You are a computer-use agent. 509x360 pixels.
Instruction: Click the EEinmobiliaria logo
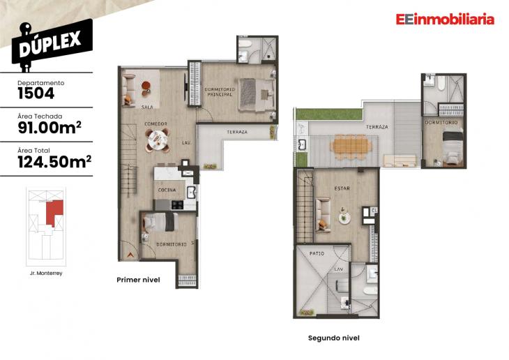coord(445,20)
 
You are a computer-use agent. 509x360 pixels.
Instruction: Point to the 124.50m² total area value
coord(54,162)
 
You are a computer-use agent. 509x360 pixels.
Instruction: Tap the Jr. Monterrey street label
coord(46,273)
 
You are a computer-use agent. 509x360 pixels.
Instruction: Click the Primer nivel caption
coord(139,280)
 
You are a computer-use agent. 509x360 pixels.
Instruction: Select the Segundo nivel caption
coord(333,338)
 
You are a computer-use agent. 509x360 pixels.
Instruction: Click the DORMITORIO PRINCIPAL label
coord(219,91)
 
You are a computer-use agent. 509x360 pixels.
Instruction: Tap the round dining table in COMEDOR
coord(157,142)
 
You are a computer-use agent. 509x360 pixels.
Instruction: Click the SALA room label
coord(147,107)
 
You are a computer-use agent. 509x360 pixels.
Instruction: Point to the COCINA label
coord(167,190)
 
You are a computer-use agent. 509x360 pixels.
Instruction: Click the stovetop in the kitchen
coord(177,204)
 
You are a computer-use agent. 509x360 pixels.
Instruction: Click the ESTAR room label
coord(342,188)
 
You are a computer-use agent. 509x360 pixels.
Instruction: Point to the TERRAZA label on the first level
coord(236,131)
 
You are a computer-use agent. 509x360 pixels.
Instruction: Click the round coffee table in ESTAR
coord(343,218)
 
